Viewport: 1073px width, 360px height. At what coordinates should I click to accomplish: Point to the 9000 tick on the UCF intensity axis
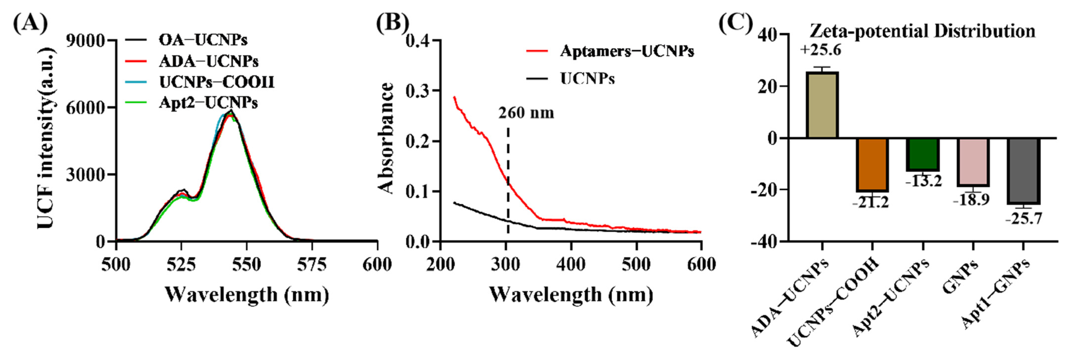coord(85,41)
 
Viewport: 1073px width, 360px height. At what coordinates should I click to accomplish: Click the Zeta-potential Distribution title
coord(922,31)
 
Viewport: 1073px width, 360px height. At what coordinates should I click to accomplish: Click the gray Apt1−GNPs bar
coord(1023,171)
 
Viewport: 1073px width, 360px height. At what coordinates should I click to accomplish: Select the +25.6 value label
coord(820,50)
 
